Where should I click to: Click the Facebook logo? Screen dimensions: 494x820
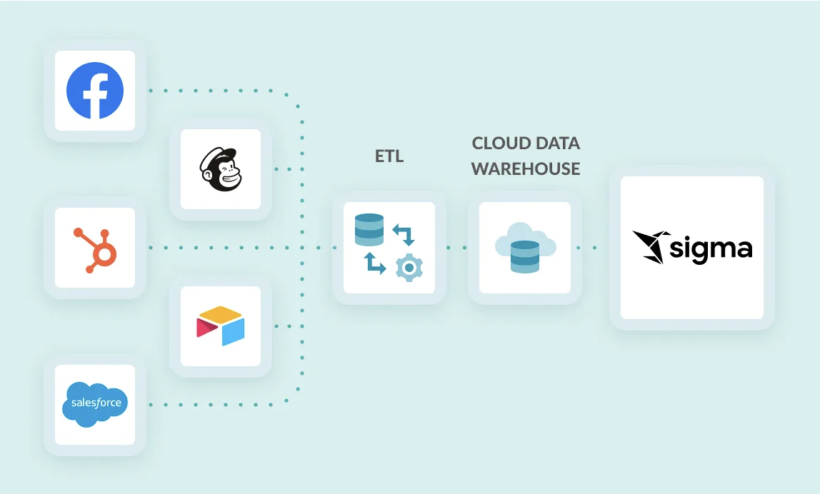(x=95, y=91)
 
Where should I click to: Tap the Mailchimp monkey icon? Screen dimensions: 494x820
(x=221, y=169)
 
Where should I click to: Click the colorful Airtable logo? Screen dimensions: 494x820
(x=221, y=326)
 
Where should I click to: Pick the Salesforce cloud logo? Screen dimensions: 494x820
(x=95, y=404)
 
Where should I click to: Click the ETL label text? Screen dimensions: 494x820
(x=389, y=156)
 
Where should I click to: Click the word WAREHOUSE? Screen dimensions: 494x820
(x=526, y=169)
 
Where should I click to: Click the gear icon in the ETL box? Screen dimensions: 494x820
(x=409, y=266)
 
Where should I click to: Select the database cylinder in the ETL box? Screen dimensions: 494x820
(x=369, y=230)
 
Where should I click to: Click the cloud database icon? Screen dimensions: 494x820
(x=525, y=248)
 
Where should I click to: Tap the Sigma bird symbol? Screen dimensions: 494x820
(x=651, y=246)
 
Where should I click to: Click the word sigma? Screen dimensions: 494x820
(x=711, y=248)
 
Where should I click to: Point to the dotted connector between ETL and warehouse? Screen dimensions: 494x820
(x=457, y=248)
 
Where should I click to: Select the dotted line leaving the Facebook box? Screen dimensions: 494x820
(x=214, y=91)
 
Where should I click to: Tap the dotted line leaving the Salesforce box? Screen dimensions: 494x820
(x=214, y=405)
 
